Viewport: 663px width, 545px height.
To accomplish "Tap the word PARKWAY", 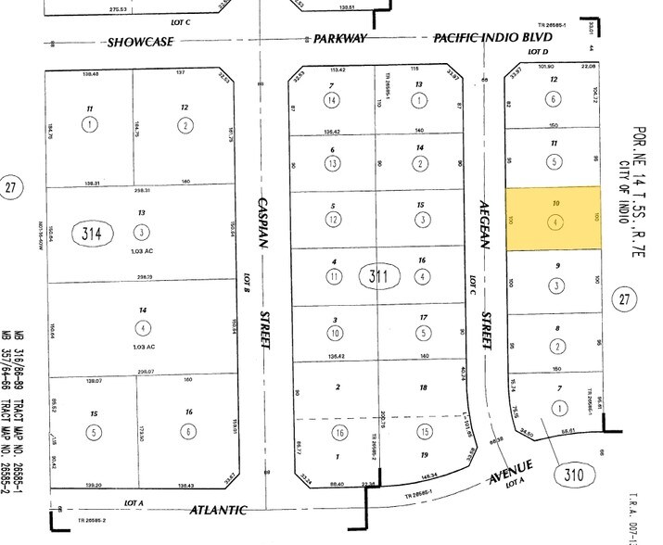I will click(x=339, y=39).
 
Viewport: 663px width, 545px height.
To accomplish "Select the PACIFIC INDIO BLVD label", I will click(x=482, y=38).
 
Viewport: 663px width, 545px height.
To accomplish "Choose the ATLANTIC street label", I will click(x=220, y=509).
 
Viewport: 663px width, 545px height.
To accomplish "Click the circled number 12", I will click(x=332, y=220).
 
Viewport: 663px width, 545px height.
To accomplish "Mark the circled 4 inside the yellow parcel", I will click(x=554, y=223).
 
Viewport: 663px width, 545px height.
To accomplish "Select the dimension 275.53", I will click(x=143, y=7).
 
